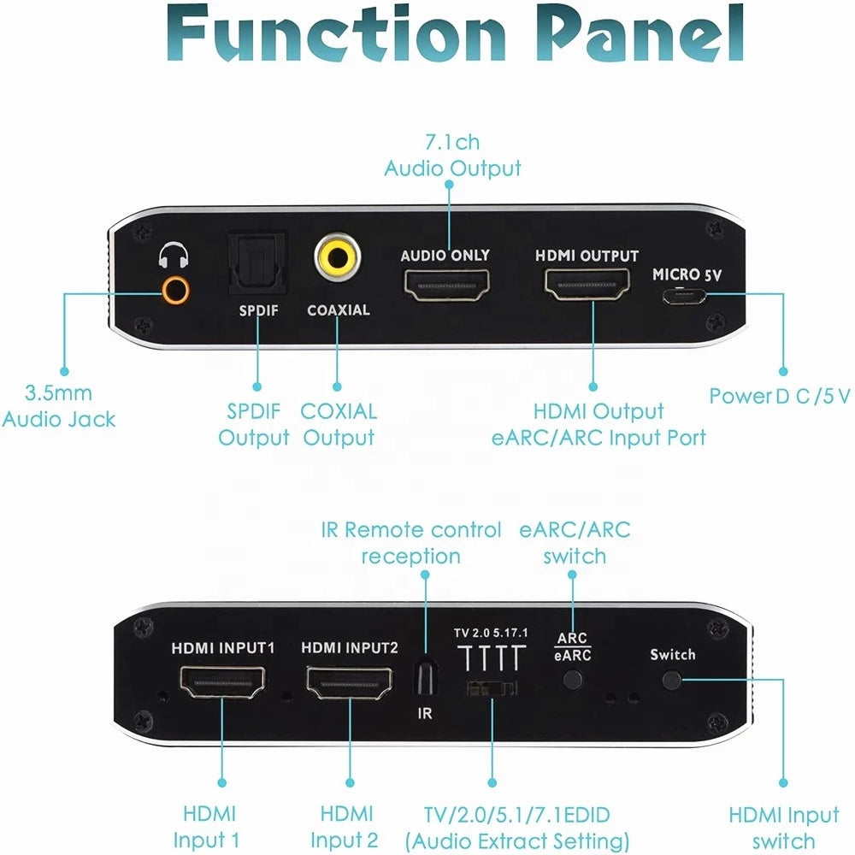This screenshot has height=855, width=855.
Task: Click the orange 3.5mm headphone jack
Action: [174, 291]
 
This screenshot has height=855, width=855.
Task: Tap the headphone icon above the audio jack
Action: [174, 256]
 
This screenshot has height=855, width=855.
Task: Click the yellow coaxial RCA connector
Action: [336, 259]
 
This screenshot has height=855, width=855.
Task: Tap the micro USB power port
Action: [681, 298]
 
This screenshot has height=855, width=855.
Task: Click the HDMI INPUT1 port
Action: [222, 684]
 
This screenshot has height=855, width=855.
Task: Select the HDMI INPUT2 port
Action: [350, 684]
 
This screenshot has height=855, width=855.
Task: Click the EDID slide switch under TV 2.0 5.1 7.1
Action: [492, 688]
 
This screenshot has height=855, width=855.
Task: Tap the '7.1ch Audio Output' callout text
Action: [452, 156]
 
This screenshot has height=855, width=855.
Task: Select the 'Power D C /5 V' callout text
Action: [780, 396]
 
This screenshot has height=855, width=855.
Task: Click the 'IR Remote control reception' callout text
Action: [411, 543]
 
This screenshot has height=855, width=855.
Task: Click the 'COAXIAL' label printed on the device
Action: [339, 310]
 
